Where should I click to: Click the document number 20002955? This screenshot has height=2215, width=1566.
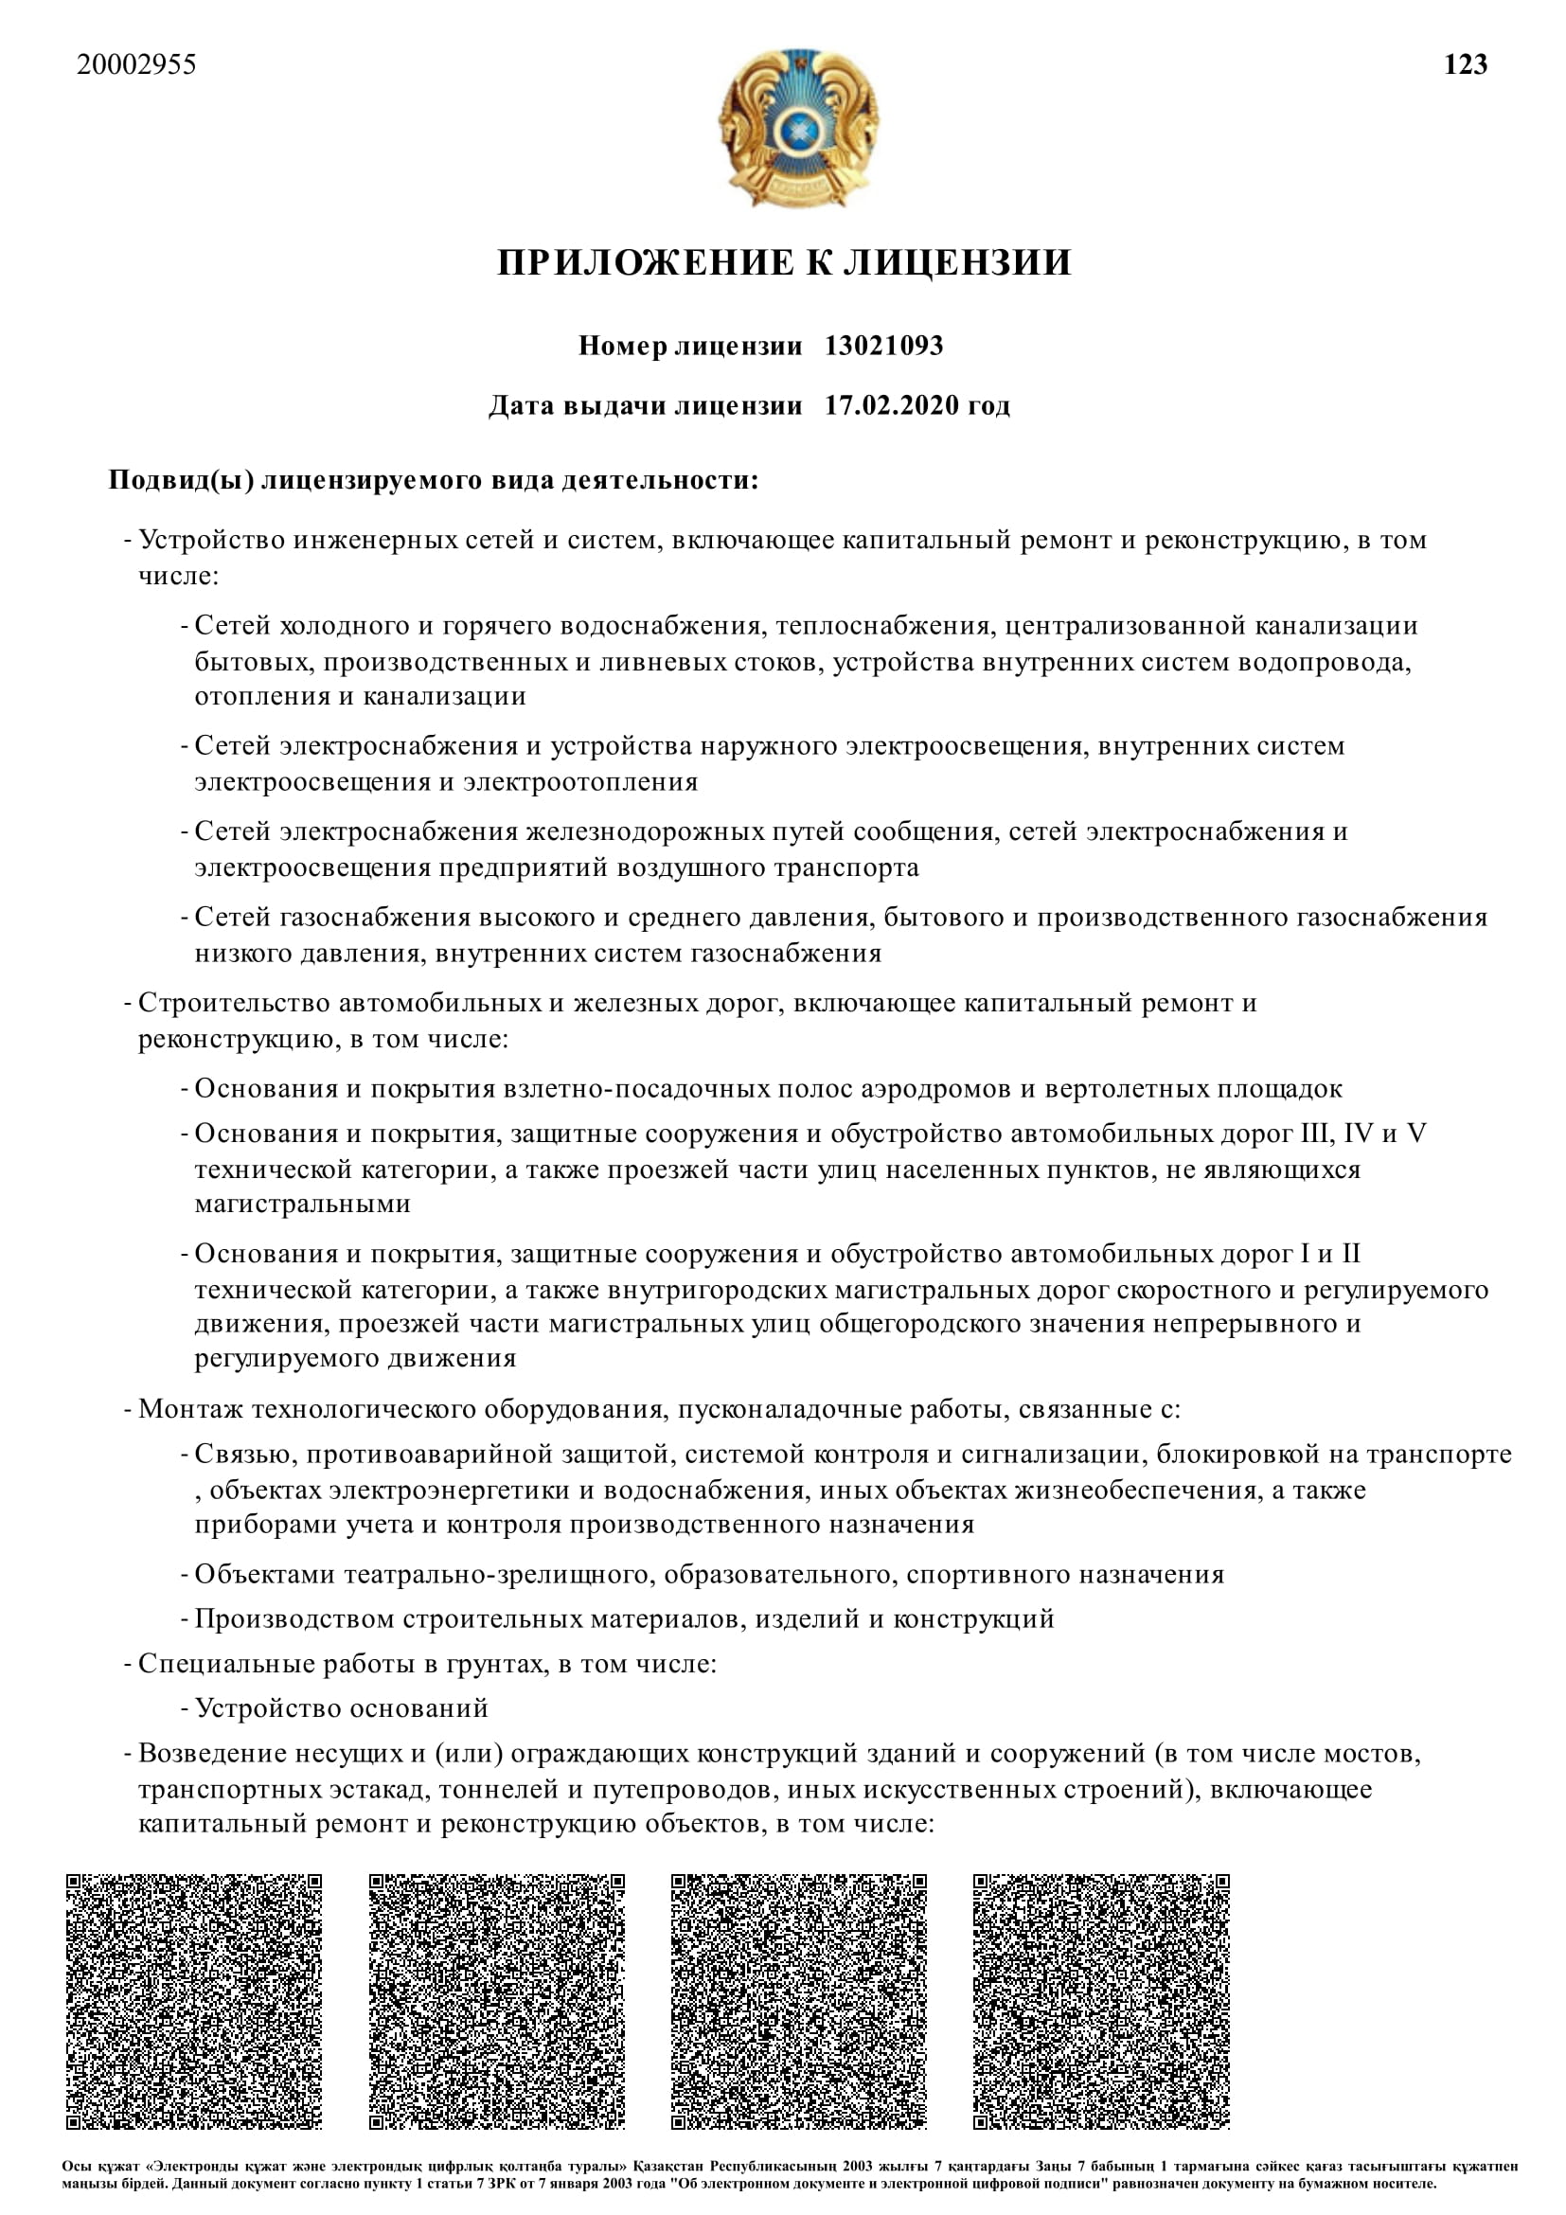pyautogui.click(x=136, y=64)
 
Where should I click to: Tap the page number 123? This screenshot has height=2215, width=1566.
pyautogui.click(x=1465, y=64)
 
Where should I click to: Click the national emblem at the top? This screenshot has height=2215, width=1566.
pyautogui.click(x=797, y=127)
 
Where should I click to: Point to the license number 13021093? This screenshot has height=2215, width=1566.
pyautogui.click(x=883, y=346)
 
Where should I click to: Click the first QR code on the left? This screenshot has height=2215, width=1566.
pyautogui.click(x=194, y=2002)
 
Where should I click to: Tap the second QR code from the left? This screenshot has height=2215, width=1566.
pyautogui.click(x=497, y=2002)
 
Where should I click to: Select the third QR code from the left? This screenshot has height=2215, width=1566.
pyautogui.click(x=798, y=2002)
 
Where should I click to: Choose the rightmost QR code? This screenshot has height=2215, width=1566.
pyautogui.click(x=1101, y=2002)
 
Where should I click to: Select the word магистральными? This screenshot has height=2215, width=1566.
pyautogui.click(x=303, y=1204)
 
